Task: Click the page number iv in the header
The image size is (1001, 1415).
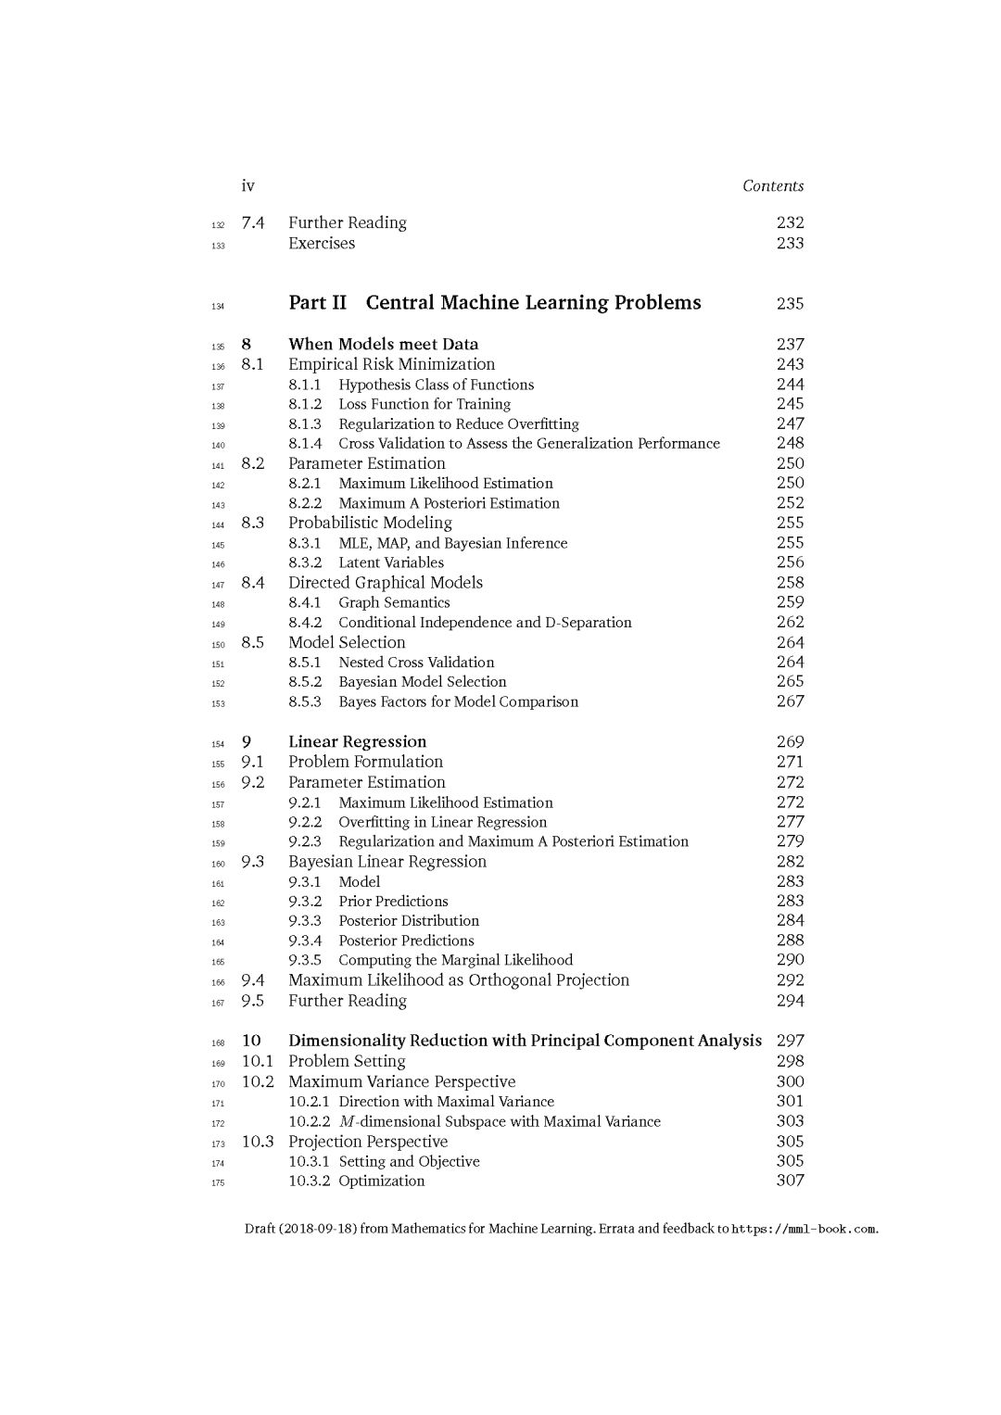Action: coord(247,186)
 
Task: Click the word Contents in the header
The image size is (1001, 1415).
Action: coord(773,186)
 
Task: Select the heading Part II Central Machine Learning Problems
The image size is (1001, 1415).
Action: coord(494,303)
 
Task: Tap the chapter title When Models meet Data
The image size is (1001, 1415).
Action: coord(383,344)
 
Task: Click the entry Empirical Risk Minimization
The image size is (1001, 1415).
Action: coord(391,364)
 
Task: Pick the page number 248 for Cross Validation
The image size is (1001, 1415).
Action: coord(790,443)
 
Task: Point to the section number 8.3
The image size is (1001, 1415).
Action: coord(252,523)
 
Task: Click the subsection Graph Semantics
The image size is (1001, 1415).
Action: coord(394,602)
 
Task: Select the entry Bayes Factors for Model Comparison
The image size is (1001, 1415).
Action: coord(458,701)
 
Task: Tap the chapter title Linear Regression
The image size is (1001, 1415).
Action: coord(357,741)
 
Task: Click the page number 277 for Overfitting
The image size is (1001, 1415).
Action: coord(790,822)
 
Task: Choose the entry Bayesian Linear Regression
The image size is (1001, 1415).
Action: coord(386,862)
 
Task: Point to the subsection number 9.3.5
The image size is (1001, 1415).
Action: coord(304,960)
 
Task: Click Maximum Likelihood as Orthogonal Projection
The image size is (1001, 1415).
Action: coord(458,980)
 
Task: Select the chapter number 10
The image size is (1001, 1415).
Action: coord(251,1041)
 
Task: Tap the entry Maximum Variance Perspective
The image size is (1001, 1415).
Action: coord(401,1081)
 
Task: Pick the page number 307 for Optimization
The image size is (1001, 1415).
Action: coord(790,1181)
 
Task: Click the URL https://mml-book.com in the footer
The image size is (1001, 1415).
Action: coord(804,1230)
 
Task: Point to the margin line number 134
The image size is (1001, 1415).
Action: coord(218,306)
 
